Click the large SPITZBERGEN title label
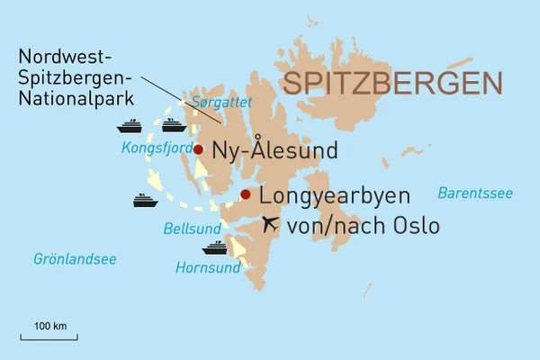click(x=391, y=84)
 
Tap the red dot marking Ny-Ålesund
click(x=198, y=149)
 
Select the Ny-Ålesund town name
click(x=274, y=150)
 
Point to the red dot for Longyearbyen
click(x=245, y=193)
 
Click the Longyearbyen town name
click(x=334, y=196)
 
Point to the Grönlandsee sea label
click(x=75, y=259)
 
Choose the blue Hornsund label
click(x=209, y=267)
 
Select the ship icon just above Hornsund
click(x=214, y=247)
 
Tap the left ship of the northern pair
click(x=131, y=125)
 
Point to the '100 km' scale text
click(x=50, y=324)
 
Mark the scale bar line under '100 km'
click(x=50, y=337)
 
